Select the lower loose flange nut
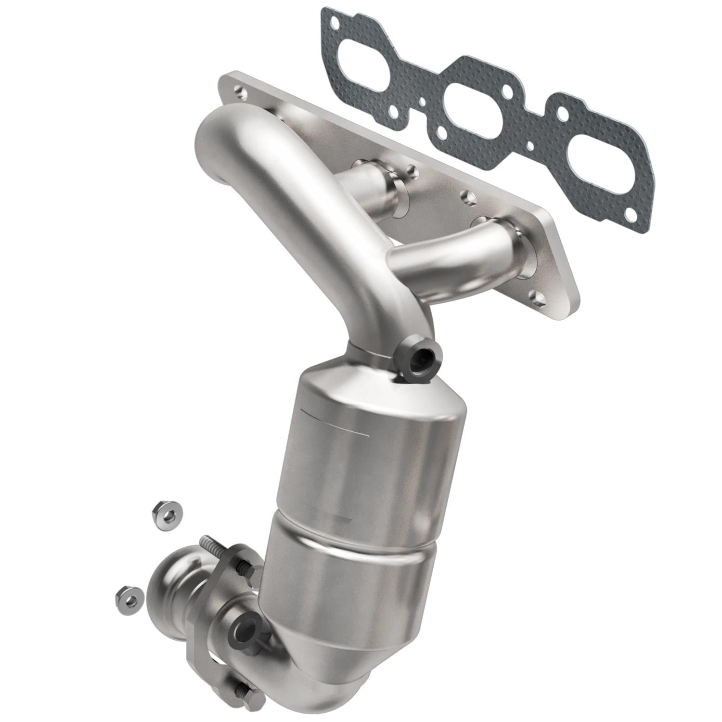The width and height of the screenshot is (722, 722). pyautogui.click(x=129, y=598)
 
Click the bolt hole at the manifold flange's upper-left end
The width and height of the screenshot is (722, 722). pyautogui.click(x=239, y=90)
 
